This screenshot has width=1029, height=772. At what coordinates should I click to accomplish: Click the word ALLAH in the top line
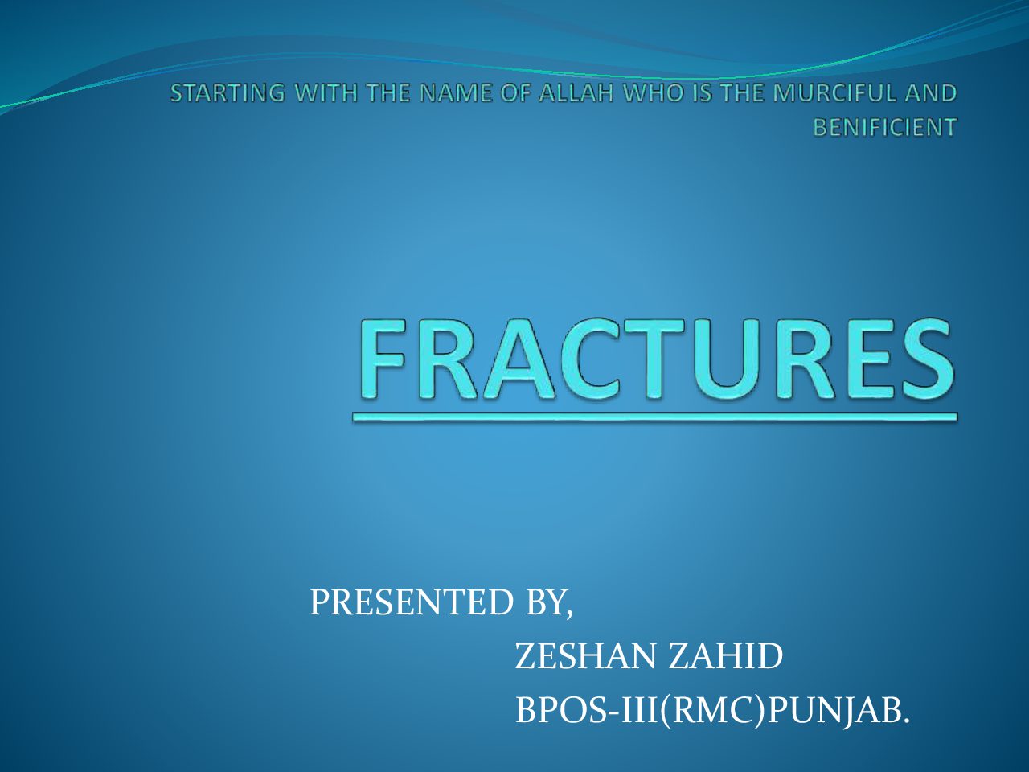pos(577,92)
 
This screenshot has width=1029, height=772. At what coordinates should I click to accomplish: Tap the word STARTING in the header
pos(228,92)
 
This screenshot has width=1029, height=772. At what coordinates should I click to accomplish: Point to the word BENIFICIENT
pos(884,127)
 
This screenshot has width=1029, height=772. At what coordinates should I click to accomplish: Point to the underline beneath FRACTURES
pos(655,417)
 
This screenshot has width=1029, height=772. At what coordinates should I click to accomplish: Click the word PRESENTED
pos(411,602)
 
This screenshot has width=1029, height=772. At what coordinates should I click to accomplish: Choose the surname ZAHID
pos(725,656)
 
